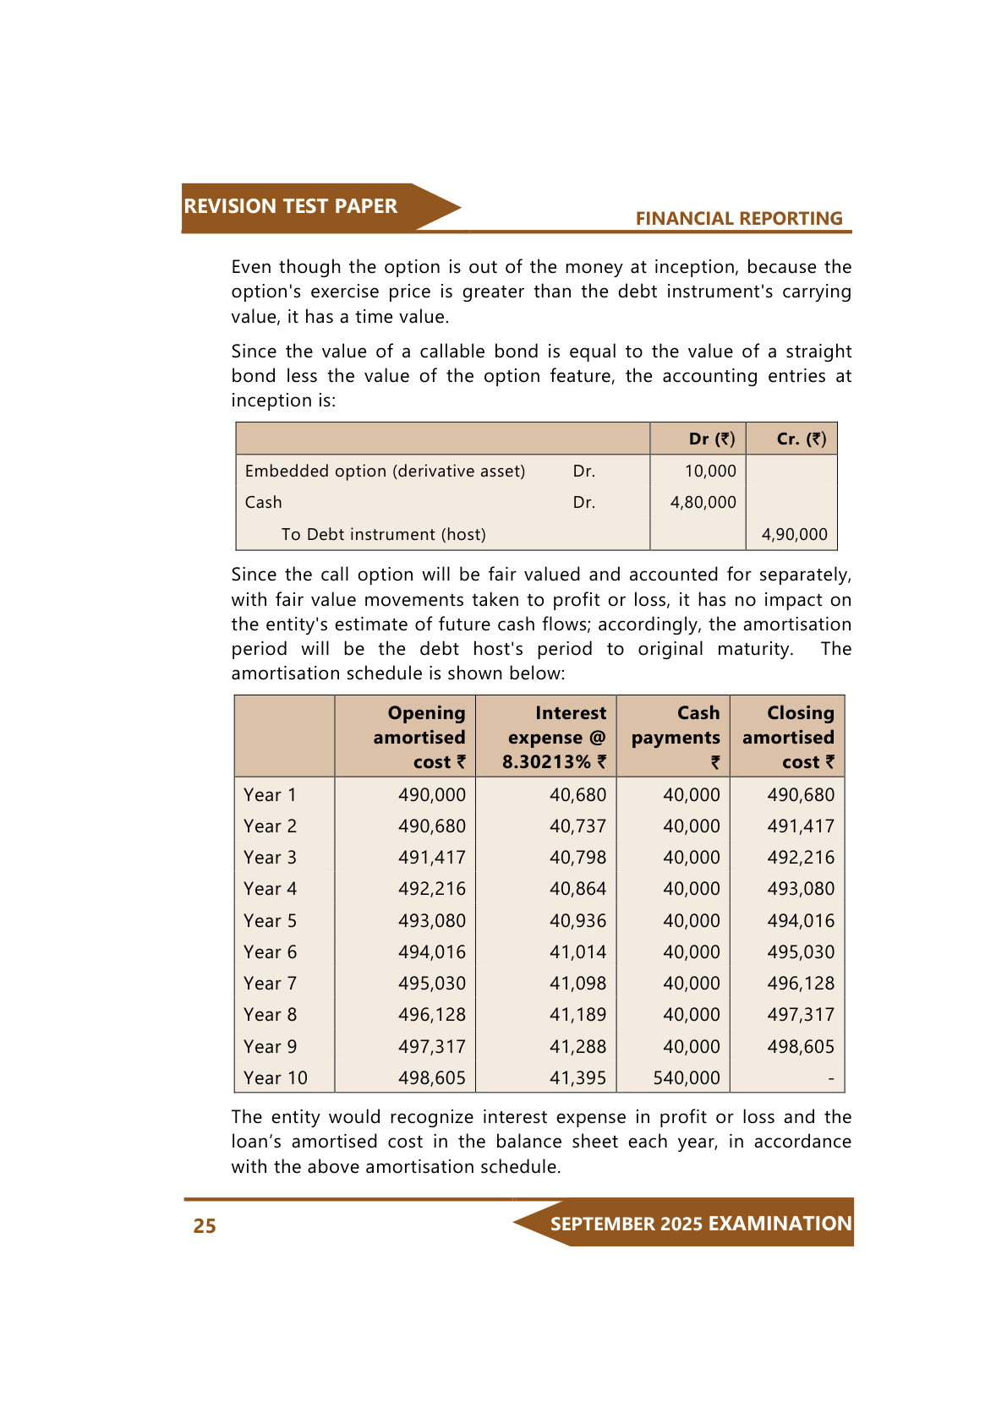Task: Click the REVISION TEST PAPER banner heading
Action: click(x=290, y=206)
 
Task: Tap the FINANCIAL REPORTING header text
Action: click(x=738, y=219)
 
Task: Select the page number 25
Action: click(x=205, y=1226)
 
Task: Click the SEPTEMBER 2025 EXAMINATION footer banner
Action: click(x=701, y=1224)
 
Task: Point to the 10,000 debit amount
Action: click(x=710, y=471)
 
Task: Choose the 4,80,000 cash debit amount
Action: click(x=703, y=503)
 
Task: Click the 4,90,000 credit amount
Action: click(x=794, y=534)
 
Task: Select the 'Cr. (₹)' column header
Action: click(x=801, y=439)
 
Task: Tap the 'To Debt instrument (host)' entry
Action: click(x=383, y=534)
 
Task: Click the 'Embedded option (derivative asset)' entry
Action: click(x=385, y=471)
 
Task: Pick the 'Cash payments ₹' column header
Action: click(x=676, y=738)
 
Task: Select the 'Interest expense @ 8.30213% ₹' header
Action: click(x=555, y=738)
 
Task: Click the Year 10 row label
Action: click(x=276, y=1078)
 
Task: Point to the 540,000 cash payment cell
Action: click(x=687, y=1078)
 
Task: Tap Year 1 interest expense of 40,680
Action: click(x=577, y=795)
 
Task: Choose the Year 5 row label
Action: click(x=270, y=921)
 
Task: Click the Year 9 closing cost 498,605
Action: click(x=800, y=1047)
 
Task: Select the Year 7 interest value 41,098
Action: click(x=577, y=984)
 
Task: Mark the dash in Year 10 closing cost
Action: click(x=830, y=1079)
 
